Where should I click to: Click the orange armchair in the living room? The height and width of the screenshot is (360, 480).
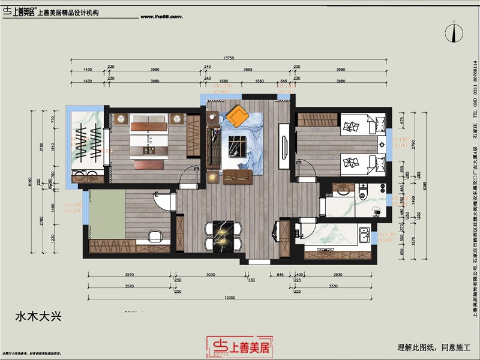tap(238, 116)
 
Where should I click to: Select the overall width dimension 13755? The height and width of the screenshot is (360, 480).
tap(228, 58)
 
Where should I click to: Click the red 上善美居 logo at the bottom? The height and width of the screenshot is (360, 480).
tap(239, 346)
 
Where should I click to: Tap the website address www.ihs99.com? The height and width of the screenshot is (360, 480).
tap(161, 17)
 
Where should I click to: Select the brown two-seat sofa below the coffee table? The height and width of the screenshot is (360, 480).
tap(237, 176)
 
